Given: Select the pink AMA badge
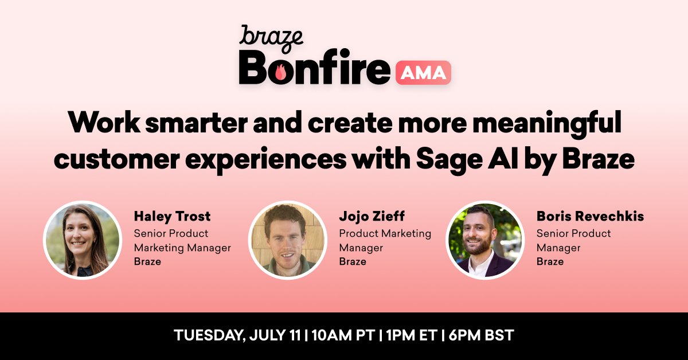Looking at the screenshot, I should (x=423, y=73).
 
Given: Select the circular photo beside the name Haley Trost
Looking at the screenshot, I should (x=83, y=240).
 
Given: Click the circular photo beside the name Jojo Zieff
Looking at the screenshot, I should (x=287, y=240).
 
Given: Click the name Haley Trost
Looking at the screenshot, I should (x=172, y=217).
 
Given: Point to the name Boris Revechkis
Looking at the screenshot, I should (x=590, y=217).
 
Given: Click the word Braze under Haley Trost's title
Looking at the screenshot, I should (x=147, y=262).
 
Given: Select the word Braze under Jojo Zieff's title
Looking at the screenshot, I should (x=353, y=262).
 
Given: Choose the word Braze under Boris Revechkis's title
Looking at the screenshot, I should (x=550, y=262).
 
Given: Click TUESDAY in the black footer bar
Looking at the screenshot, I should (x=210, y=336).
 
